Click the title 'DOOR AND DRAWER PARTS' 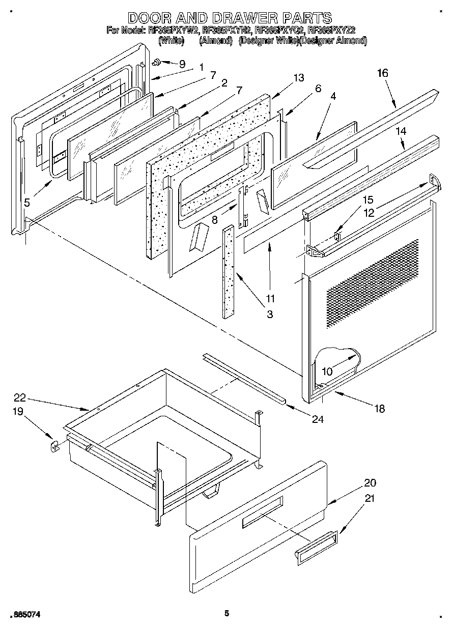230,18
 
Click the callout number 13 298,77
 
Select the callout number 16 382,73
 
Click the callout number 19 18,411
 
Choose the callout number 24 318,419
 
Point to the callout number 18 379,408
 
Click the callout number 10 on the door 327,372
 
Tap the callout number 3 269,315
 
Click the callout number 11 270,298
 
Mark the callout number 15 367,199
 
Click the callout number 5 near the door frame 26,202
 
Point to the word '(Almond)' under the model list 216,40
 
